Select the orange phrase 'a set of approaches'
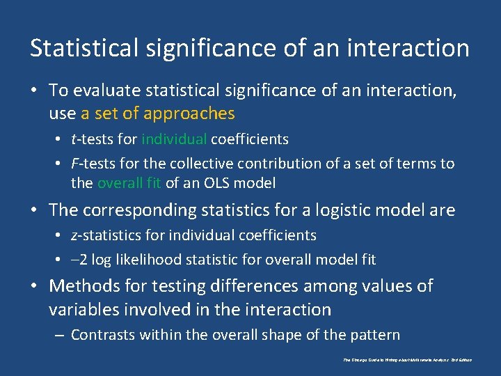pyautogui.click(x=158, y=113)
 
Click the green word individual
pyautogui.click(x=174, y=139)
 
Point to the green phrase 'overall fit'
pyautogui.click(x=129, y=183)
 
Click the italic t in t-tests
pyautogui.click(x=74, y=139)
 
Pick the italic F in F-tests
pyautogui.click(x=74, y=164)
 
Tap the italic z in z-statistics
pyautogui.click(x=74, y=235)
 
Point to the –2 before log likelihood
pyautogui.click(x=79, y=260)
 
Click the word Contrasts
pyautogui.click(x=103, y=335)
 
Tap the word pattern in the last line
pyautogui.click(x=376, y=335)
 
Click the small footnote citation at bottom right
pyautogui.click(x=407, y=360)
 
